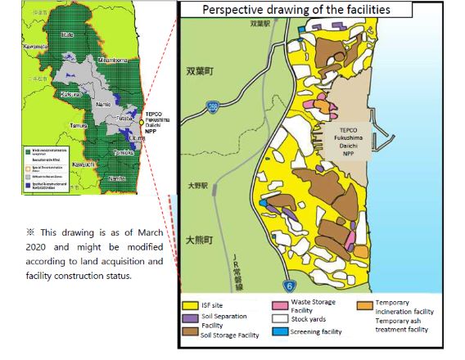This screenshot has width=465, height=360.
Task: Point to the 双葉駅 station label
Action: [x=260, y=25]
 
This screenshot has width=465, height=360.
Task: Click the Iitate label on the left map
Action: [x=65, y=34]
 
